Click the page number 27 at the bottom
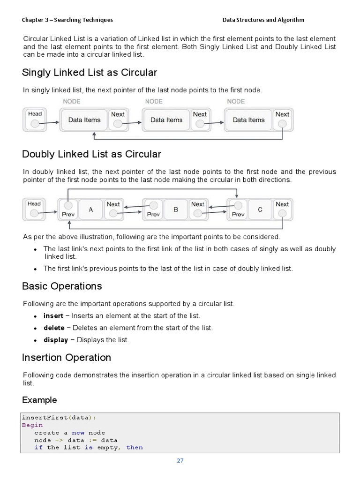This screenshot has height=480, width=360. click(180, 460)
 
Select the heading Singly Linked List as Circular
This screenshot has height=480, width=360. click(90, 73)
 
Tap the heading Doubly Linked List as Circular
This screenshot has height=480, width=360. click(91, 154)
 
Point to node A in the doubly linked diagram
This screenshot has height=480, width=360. click(91, 210)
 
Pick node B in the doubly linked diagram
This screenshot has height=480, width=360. click(176, 210)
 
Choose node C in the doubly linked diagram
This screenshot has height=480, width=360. click(260, 210)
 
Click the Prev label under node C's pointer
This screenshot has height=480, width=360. click(238, 215)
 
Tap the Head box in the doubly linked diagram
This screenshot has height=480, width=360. click(34, 209)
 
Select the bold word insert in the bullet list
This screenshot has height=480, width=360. click(53, 316)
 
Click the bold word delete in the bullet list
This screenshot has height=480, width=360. click(54, 328)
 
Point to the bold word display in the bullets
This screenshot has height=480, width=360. click(56, 340)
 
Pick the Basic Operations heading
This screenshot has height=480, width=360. click(62, 286)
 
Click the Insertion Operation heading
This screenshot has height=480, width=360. click(67, 358)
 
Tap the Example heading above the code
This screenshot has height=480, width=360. click(39, 400)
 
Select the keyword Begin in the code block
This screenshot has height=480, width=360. click(32, 425)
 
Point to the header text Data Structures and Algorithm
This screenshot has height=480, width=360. click(263, 20)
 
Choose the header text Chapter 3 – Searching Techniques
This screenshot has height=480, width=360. click(67, 20)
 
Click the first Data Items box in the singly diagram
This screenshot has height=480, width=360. click(84, 120)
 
